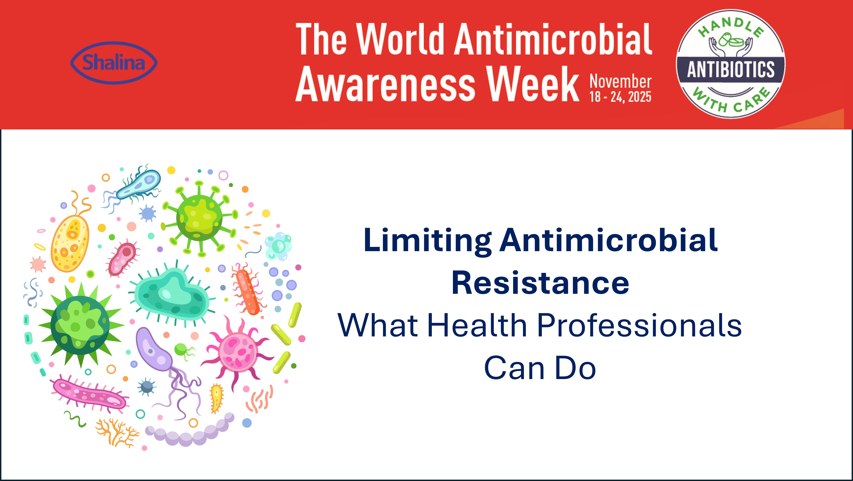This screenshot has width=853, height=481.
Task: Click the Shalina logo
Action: coord(114,63)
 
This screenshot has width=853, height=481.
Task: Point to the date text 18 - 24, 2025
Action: coord(620,97)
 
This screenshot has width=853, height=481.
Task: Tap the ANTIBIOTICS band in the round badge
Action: coord(730,70)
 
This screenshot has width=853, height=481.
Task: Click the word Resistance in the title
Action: coord(540,283)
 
